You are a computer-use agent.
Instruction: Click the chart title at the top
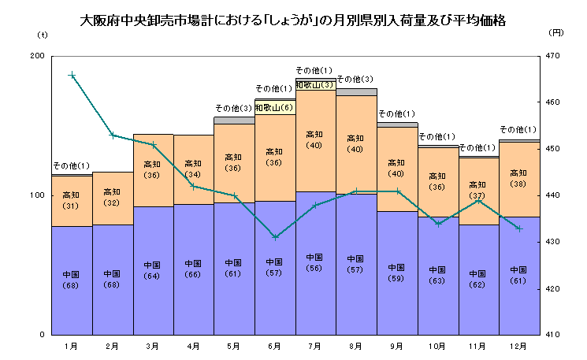(293, 21)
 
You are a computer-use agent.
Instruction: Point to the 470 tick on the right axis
(552, 56)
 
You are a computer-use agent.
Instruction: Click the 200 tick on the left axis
(37, 56)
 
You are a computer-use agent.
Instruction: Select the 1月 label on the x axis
(72, 345)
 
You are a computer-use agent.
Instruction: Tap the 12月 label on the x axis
(518, 345)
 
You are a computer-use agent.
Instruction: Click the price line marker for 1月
(72, 76)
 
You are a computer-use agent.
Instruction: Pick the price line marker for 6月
(275, 236)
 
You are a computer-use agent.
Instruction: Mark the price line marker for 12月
(518, 228)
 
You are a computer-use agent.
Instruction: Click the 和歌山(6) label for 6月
(274, 108)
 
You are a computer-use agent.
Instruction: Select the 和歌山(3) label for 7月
(315, 84)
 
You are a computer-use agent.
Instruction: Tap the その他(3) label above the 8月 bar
(355, 80)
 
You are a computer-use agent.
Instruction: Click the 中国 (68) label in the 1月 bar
(71, 280)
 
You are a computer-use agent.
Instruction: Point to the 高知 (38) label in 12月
(518, 178)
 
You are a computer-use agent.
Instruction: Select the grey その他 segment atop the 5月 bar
(234, 121)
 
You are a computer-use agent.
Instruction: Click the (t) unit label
(42, 35)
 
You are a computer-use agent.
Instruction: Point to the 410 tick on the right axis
(552, 335)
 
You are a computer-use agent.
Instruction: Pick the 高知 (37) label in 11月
(477, 190)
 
